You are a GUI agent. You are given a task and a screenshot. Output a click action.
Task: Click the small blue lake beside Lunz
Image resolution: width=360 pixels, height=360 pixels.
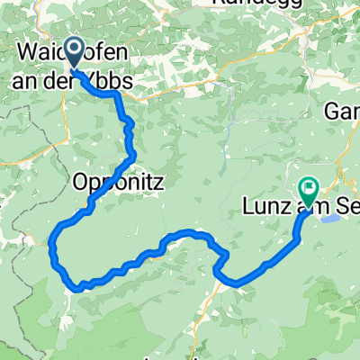point(328,217)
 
